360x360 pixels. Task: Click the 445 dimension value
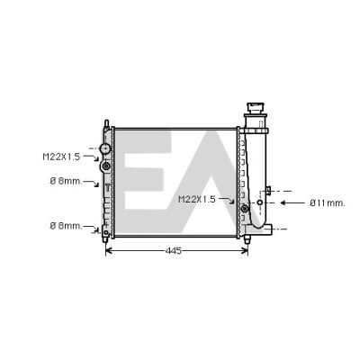[174, 250]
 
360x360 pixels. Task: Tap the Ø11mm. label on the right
[328, 203]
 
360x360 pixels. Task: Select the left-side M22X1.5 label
[61, 157]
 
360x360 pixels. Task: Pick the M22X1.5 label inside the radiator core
[197, 199]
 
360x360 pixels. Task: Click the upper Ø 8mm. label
[66, 181]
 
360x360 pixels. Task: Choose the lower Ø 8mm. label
[66, 226]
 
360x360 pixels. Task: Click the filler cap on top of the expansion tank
[256, 108]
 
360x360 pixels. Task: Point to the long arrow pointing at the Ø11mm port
[292, 202]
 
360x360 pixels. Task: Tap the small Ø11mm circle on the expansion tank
[260, 202]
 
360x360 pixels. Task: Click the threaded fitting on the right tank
[245, 208]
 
